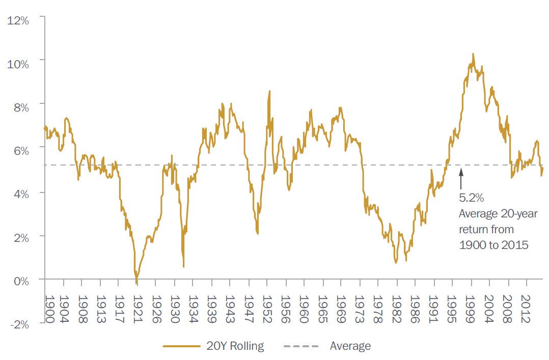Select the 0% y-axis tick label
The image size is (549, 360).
22,280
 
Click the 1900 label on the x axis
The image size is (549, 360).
50,308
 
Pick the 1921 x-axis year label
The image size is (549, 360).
137,308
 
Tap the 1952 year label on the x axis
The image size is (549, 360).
266,308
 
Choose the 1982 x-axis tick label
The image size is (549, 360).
396,308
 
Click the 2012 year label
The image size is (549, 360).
525,308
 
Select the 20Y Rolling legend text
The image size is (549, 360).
235,346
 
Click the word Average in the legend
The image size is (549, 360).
350,346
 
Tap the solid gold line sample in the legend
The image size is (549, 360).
181,346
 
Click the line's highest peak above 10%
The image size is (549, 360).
473,54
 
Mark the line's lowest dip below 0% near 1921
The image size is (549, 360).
136,283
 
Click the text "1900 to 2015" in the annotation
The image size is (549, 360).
493,244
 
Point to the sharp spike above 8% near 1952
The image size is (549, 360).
269,92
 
